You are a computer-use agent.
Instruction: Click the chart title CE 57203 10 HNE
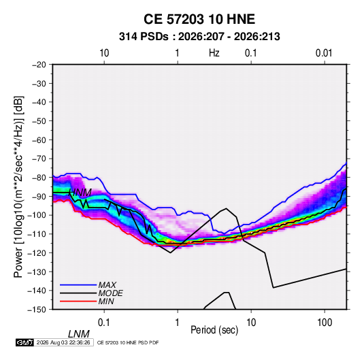pyautogui.click(x=199, y=19)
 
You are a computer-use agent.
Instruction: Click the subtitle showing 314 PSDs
pyautogui.click(x=199, y=37)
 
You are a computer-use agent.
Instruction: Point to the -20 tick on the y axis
pyautogui.click(x=39, y=65)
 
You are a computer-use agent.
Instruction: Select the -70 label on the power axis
pyautogui.click(x=39, y=159)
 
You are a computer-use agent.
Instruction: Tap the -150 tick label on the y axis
pyautogui.click(x=37, y=310)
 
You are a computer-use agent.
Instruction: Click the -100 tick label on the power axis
pyautogui.click(x=37, y=215)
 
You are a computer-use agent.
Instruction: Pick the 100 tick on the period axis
pyautogui.click(x=325, y=323)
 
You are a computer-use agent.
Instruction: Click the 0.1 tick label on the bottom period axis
pyautogui.click(x=104, y=323)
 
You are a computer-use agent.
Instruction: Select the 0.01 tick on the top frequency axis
pyautogui.click(x=324, y=53)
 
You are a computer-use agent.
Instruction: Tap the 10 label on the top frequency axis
pyautogui.click(x=104, y=53)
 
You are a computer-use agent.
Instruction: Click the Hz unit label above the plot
pyautogui.click(x=214, y=53)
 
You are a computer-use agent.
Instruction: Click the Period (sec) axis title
pyautogui.click(x=214, y=330)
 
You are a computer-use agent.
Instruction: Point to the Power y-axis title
pyautogui.click(x=18, y=186)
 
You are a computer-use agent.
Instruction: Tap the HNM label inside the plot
pyautogui.click(x=80, y=193)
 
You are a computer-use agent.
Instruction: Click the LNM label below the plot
pyautogui.click(x=79, y=334)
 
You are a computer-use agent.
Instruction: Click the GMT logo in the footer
pyautogui.click(x=24, y=342)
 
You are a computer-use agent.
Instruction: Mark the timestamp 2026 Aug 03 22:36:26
pyautogui.click(x=63, y=342)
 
